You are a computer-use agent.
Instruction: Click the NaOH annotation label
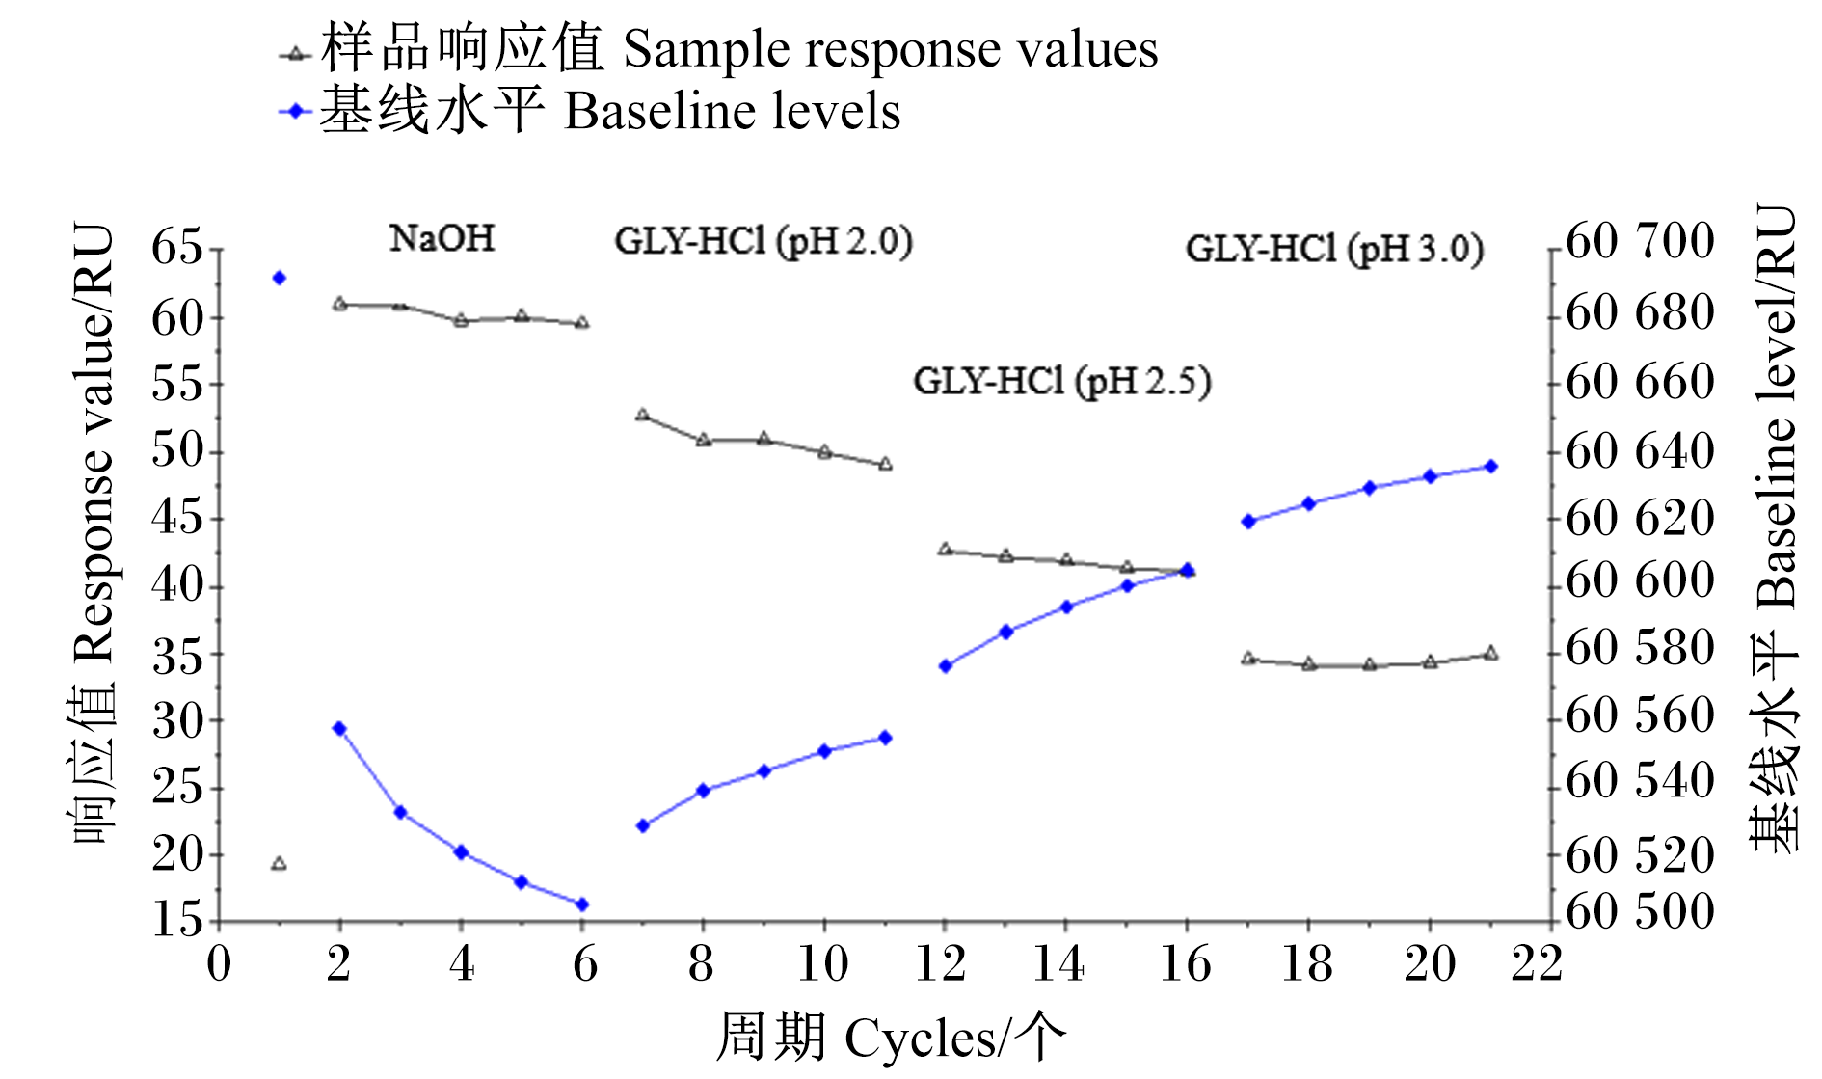[x=442, y=238]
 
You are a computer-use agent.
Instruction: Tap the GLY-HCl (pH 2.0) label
[x=764, y=241]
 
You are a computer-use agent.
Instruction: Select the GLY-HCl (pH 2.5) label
[x=1062, y=382]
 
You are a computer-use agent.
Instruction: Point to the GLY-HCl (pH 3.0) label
[x=1334, y=249]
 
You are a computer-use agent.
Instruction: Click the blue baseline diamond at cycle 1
[x=280, y=278]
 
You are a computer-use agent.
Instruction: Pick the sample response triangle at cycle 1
[x=279, y=863]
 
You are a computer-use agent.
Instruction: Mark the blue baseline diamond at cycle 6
[x=581, y=904]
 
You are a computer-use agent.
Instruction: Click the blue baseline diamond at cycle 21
[x=1490, y=466]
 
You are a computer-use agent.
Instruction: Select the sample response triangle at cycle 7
[x=642, y=415]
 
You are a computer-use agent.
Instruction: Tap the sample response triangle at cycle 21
[x=1490, y=653]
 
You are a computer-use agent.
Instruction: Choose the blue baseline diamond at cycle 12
[x=945, y=666]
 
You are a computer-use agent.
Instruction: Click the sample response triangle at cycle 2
[x=339, y=304]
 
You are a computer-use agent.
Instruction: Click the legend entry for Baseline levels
[x=589, y=111]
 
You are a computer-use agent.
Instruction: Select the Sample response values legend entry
[x=718, y=50]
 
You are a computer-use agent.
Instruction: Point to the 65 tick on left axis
[x=177, y=248]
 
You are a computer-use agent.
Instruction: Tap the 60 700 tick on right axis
[x=1640, y=240]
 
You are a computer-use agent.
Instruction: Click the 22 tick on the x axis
[x=1537, y=963]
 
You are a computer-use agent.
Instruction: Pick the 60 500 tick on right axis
[x=1640, y=912]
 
